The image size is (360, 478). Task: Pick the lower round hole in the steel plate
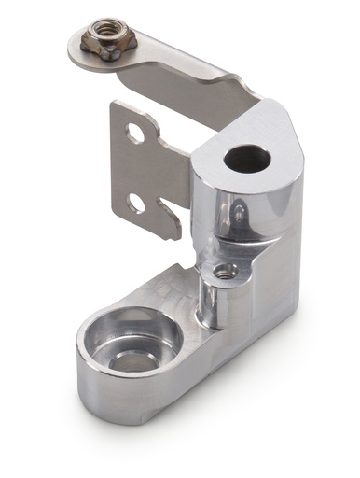(136, 203)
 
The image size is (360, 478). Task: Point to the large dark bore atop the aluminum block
(247, 158)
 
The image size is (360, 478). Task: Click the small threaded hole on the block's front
(224, 272)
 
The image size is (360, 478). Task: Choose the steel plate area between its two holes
(135, 168)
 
